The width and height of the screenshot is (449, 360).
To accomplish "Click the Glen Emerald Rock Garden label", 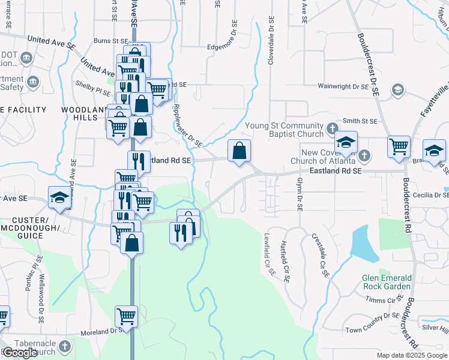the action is click(387, 282).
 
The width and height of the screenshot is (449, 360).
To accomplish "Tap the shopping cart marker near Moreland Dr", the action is click(126, 315).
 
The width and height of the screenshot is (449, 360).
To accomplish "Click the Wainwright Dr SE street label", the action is click(343, 87).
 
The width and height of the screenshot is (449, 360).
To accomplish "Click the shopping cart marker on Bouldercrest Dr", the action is click(399, 145).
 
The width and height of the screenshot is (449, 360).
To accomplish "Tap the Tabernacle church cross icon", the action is click(64, 346).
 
